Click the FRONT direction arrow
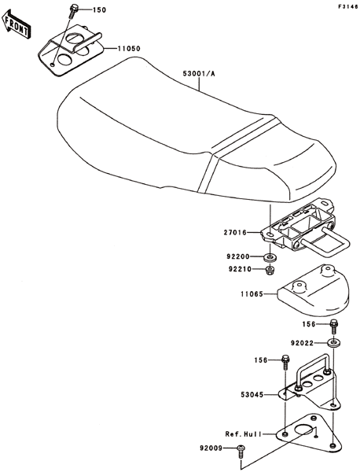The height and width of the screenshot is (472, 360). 17,24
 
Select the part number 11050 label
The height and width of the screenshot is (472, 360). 129,49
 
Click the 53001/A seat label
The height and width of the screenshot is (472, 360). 199,74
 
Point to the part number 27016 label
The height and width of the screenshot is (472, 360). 235,232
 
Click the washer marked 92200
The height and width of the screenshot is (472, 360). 270,258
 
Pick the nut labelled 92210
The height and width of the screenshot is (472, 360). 270,269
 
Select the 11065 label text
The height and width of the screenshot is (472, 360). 252,293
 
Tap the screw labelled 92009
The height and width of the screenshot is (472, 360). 241,452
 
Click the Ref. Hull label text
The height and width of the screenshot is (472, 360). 243,434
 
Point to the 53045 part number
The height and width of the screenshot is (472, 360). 252,394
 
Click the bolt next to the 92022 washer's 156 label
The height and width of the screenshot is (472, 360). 334,326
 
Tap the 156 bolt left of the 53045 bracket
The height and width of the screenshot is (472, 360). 285,362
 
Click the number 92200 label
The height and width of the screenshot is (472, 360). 238,257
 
